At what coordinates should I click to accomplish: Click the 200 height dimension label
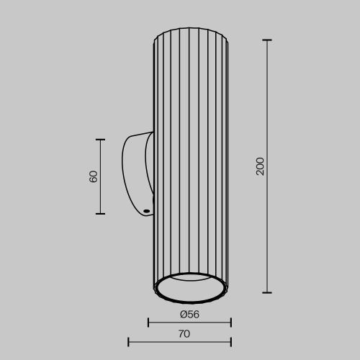(x=260, y=166)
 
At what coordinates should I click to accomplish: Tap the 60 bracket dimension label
(x=94, y=176)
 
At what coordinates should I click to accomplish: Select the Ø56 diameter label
(x=189, y=314)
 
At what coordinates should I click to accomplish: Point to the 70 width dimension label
(x=184, y=333)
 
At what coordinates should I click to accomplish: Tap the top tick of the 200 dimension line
(x=267, y=40)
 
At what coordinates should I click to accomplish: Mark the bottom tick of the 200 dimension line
(x=267, y=292)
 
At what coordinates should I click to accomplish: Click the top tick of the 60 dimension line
(x=100, y=140)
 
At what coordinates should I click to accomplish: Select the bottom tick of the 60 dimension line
(x=100, y=213)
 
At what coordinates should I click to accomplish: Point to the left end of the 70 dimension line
(x=128, y=341)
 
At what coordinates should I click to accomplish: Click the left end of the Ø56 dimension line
(x=148, y=322)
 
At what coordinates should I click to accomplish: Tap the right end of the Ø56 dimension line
(x=230, y=322)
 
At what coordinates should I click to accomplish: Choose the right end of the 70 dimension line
(x=230, y=341)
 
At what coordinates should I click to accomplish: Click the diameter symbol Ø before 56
(x=184, y=314)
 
